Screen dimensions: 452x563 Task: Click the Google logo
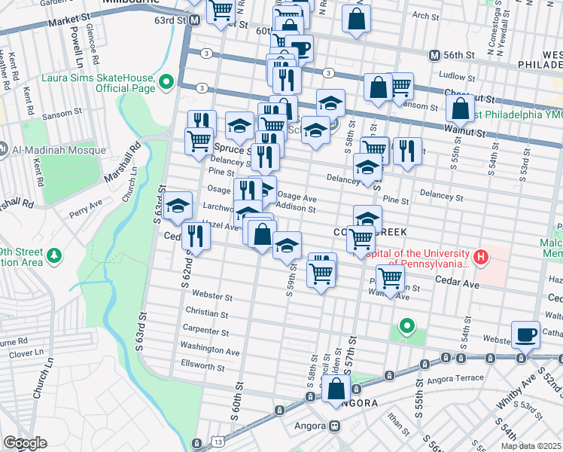click(25, 443)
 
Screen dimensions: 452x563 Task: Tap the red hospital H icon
click(481, 258)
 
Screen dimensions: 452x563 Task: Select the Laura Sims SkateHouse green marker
click(169, 82)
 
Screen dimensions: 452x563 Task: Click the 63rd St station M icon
click(194, 21)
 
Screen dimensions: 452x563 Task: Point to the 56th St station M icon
click(434, 56)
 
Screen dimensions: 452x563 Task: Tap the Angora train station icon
click(335, 425)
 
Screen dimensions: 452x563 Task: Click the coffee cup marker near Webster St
click(525, 334)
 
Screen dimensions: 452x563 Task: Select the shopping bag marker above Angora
click(336, 389)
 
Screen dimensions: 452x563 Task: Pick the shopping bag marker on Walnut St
click(459, 109)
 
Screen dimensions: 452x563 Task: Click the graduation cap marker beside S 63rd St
click(177, 206)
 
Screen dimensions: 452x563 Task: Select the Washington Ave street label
click(209, 350)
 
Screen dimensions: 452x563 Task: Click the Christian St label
click(210, 313)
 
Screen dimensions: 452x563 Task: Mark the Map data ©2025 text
click(531, 446)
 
